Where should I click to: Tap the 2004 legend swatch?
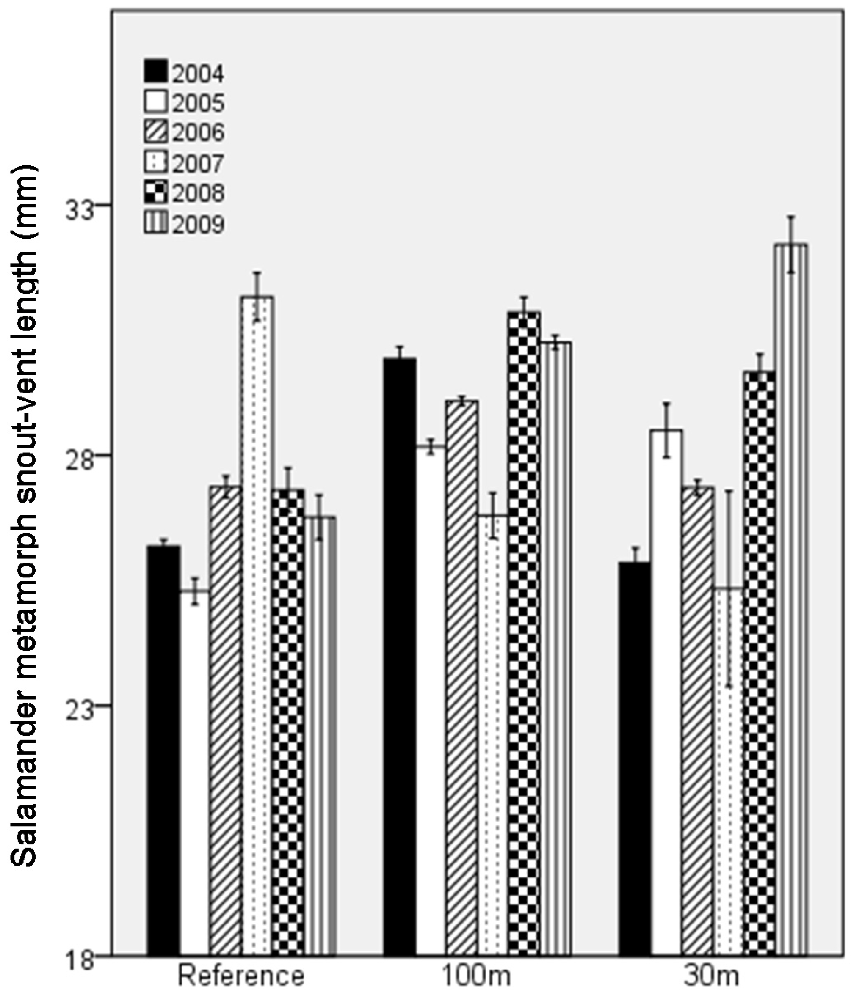point(155,71)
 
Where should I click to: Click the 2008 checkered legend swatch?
point(155,192)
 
